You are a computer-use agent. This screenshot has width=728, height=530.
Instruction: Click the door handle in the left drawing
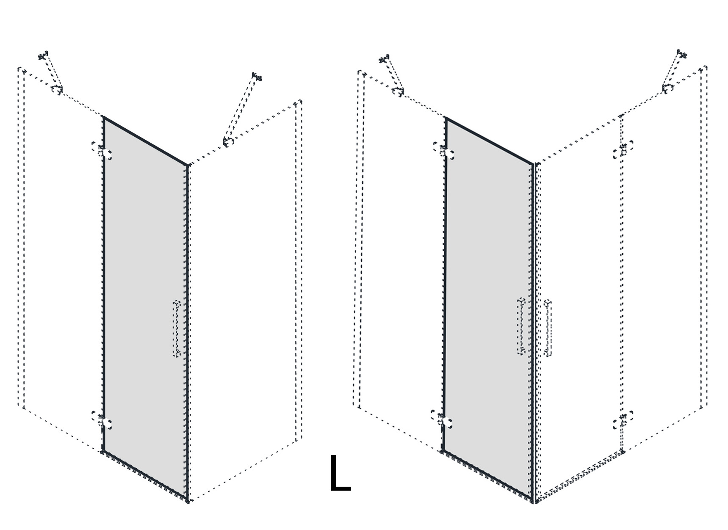click(x=177, y=329)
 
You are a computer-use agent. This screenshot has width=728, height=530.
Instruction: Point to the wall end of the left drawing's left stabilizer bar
click(x=43, y=55)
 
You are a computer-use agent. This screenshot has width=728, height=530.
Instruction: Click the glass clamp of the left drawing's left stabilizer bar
click(x=57, y=89)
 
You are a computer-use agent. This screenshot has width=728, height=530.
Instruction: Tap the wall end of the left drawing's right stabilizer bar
click(x=257, y=77)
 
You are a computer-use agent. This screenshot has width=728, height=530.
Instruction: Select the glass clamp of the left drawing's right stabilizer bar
click(x=229, y=142)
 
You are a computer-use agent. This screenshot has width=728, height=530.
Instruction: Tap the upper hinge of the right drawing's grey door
click(x=444, y=151)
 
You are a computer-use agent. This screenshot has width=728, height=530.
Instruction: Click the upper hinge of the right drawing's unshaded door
click(x=623, y=149)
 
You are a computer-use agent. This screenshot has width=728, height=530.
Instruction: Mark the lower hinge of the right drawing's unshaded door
click(x=623, y=420)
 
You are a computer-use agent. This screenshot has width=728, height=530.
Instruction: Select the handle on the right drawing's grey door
click(x=521, y=326)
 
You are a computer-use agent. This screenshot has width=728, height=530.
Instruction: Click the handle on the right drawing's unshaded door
click(x=548, y=328)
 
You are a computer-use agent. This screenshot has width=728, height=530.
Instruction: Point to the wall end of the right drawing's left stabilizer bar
click(x=384, y=59)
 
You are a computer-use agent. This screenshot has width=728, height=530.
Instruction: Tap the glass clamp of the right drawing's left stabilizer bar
click(x=398, y=91)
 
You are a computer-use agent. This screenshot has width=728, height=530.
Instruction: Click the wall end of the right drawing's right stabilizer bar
click(x=681, y=54)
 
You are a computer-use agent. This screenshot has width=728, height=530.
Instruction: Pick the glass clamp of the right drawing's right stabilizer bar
click(x=668, y=88)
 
